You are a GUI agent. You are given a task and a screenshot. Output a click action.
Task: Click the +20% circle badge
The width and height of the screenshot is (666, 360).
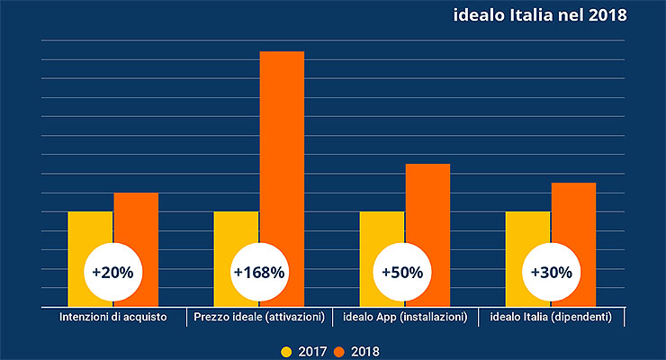coord(112,271)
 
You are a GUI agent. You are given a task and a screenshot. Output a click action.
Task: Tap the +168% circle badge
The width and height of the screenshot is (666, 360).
coord(258,271)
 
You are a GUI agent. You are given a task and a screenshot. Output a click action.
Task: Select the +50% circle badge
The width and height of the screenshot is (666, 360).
coord(404,271)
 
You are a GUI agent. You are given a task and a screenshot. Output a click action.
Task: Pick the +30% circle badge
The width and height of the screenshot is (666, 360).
coord(551,271)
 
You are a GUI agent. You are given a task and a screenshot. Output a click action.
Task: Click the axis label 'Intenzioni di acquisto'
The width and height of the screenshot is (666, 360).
coord(112,318)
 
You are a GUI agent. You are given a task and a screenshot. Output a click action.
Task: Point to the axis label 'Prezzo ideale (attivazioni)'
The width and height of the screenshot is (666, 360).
coord(258,318)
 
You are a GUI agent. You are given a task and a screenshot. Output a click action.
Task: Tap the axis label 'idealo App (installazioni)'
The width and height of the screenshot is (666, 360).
coord(404,318)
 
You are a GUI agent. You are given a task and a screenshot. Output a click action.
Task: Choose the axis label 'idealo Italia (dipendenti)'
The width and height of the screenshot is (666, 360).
coord(551,318)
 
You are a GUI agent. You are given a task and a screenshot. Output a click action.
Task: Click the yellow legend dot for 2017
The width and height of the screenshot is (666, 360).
coord(286,351)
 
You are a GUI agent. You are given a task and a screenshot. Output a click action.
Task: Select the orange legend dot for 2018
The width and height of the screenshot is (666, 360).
coord(339,351)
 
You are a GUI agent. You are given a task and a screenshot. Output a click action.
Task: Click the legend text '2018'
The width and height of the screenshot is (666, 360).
coord(365,351)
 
